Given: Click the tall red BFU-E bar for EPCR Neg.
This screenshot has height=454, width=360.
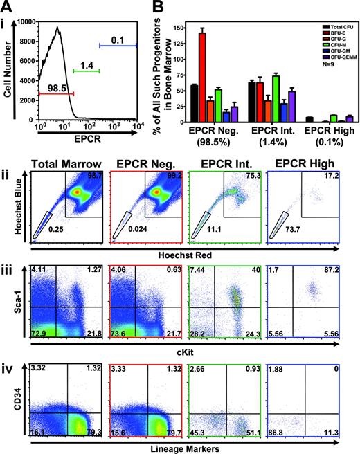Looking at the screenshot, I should click(203, 75).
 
